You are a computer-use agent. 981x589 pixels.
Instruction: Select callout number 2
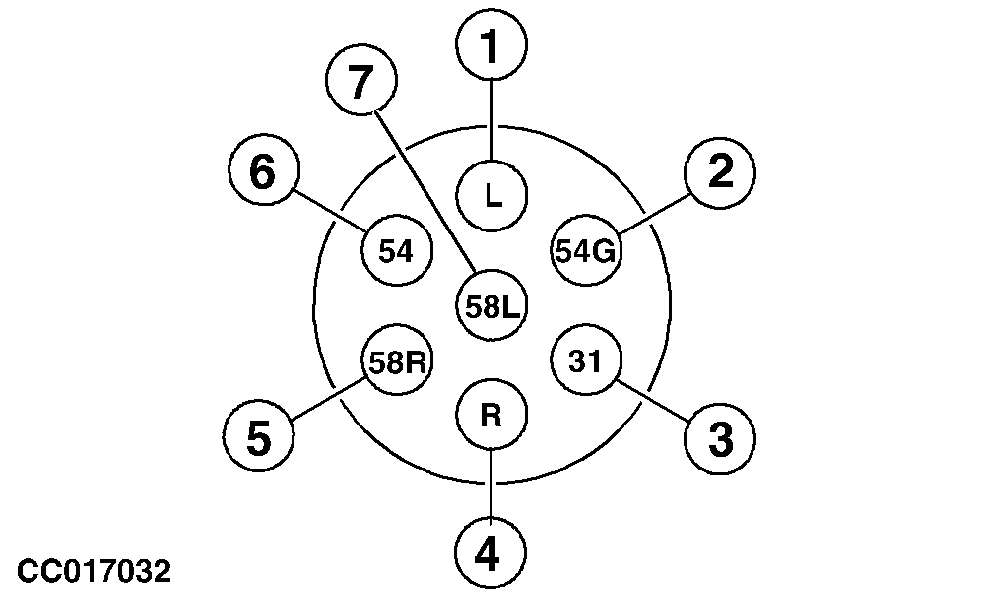tap(720, 173)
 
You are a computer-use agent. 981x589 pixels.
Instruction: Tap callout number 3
tap(720, 438)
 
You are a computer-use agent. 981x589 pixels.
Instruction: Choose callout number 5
tap(258, 438)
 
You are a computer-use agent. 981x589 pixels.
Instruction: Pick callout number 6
tap(263, 173)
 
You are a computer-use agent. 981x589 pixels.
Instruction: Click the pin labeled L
tap(492, 195)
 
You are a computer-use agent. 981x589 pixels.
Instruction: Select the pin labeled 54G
tap(585, 251)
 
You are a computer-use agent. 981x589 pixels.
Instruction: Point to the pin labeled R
tap(491, 416)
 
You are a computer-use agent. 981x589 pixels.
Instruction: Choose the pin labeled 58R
tap(398, 363)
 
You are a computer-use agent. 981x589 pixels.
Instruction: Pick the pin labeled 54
tap(398, 251)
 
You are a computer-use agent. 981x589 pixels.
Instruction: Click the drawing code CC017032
tap(94, 570)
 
